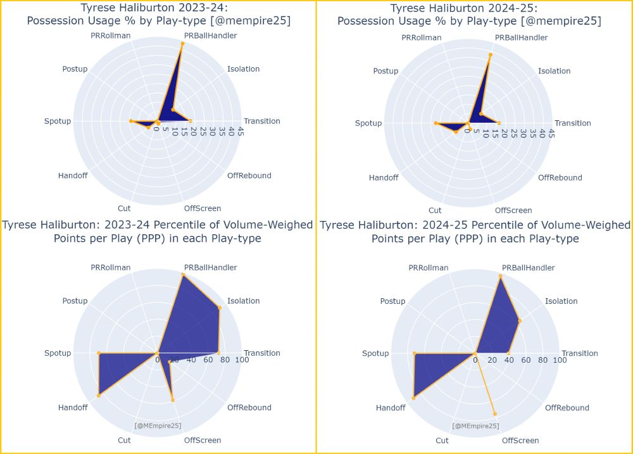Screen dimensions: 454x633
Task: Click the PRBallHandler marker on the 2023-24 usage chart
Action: pos(182,44)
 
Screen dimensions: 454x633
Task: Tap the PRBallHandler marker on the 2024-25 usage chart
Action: pos(490,54)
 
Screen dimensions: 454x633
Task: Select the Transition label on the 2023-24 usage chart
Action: pos(262,121)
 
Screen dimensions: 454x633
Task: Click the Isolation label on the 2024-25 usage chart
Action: pos(555,71)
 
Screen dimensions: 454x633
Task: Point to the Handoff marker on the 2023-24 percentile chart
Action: pos(99,396)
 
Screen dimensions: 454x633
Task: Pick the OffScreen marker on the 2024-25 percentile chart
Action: pos(495,413)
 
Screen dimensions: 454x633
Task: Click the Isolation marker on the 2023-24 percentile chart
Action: pos(220,308)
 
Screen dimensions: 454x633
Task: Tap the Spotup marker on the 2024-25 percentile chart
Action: pos(415,353)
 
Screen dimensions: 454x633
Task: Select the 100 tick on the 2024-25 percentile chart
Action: pos(560,360)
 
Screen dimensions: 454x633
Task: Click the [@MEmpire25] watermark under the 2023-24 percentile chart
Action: pos(158,426)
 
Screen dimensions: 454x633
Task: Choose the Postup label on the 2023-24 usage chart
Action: pos(75,69)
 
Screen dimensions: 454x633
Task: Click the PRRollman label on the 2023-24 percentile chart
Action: pos(111,268)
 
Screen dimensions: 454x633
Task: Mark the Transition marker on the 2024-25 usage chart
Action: pos(499,123)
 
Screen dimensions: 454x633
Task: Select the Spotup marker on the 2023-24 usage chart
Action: pos(130,121)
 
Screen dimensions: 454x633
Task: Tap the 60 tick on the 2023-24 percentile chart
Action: pos(208,360)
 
